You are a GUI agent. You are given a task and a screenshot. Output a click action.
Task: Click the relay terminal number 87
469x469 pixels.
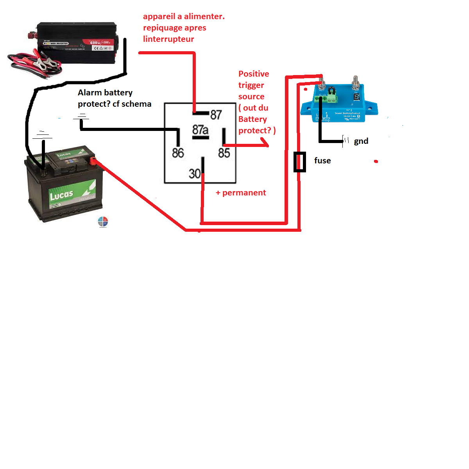tap(216, 115)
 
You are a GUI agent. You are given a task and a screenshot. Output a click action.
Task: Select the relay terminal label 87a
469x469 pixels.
tap(200, 130)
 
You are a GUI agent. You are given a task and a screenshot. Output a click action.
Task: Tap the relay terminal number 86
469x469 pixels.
tap(178, 153)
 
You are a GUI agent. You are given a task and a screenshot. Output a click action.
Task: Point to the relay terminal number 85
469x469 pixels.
tap(224, 153)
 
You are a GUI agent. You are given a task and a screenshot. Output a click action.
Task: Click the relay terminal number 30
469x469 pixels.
tap(194, 173)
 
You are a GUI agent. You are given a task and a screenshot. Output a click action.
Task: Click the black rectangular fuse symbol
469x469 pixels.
tap(300, 162)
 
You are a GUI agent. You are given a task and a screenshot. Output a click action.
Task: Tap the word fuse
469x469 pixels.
tap(322, 161)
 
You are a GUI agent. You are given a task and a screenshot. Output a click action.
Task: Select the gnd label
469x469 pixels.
tap(361, 141)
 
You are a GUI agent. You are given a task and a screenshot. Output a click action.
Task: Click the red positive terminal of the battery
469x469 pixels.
tap(93, 160)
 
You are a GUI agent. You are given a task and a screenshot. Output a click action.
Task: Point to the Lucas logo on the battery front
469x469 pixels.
tap(61, 194)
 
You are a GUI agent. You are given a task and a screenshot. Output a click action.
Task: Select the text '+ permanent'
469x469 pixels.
tap(241, 193)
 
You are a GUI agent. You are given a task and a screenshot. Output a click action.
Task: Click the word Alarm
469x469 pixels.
tap(90, 93)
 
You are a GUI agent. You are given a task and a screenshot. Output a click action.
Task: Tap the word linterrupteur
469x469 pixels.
tap(168, 39)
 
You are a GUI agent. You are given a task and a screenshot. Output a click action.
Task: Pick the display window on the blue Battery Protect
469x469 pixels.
tap(356, 97)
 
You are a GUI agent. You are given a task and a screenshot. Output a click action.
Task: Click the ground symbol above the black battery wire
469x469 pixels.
tap(43, 135)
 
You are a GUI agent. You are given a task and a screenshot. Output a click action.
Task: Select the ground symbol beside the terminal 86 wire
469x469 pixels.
tap(81, 116)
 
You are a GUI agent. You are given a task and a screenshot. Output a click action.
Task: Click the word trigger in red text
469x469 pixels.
tap(251, 85)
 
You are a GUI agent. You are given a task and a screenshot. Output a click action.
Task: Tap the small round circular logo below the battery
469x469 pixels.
tap(103, 222)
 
